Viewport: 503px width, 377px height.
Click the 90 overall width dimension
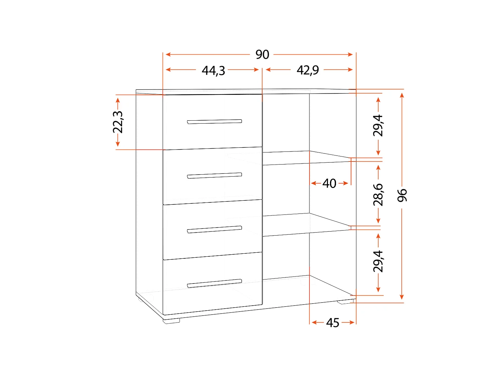262,54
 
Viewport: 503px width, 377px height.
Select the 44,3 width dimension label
213,70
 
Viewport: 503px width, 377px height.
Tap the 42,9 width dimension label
308,70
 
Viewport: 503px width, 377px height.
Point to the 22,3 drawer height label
118,122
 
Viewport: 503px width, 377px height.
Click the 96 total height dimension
402,195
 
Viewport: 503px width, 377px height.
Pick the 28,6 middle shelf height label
378,194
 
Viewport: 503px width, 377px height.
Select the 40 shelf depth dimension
329,183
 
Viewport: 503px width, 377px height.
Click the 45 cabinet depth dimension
333,323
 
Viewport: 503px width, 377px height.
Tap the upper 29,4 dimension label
378,125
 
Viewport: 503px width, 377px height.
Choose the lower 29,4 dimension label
378,261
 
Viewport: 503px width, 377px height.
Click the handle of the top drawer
214,122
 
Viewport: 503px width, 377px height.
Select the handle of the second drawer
214,176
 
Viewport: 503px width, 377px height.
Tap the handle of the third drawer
214,229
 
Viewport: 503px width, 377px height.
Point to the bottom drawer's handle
214,284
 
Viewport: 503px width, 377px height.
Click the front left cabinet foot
171,320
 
